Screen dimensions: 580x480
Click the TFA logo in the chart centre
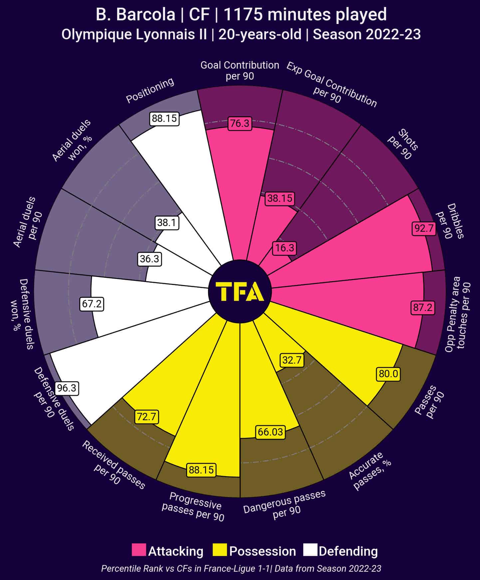click(x=240, y=292)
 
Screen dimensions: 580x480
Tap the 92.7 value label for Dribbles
click(x=424, y=228)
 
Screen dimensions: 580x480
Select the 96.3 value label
click(x=67, y=388)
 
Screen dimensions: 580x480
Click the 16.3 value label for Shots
click(x=285, y=248)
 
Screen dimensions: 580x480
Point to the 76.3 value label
click(x=240, y=124)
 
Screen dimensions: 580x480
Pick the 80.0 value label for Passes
click(x=388, y=374)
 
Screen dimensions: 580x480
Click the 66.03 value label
click(x=270, y=432)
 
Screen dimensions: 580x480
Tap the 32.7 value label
click(x=292, y=360)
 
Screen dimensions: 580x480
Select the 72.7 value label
click(x=146, y=417)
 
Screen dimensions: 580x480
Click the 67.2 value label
click(x=92, y=304)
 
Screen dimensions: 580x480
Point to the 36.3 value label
click(x=149, y=259)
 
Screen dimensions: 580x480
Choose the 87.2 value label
click(x=422, y=307)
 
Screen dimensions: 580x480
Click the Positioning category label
click(x=150, y=91)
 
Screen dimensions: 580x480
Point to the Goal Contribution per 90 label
click(x=240, y=70)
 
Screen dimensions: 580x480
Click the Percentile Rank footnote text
click(x=241, y=568)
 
